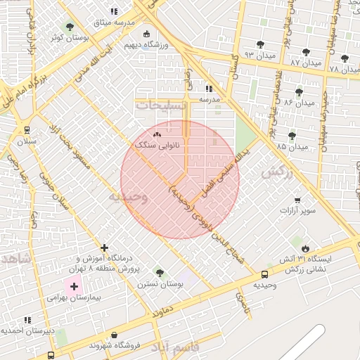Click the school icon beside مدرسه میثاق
coord(115,11)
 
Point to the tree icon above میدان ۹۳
coord(260,44)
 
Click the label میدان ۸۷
coord(305,63)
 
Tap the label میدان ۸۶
coord(299,103)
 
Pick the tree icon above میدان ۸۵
coord(292,136)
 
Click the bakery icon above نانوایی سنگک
coord(157,134)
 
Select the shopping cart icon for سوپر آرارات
coord(297,200)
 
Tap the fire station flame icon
coord(305,249)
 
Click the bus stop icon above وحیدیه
coord(264,275)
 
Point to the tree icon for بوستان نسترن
coord(160,273)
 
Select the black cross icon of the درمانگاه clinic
coord(105,247)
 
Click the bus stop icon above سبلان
coord(27,130)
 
